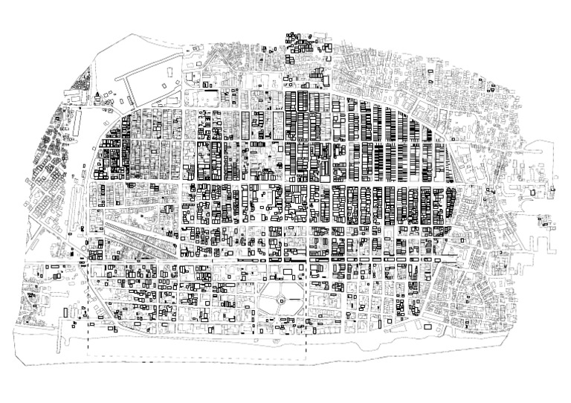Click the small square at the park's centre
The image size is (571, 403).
pos(282,300)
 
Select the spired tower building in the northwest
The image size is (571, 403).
pos(98,94)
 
